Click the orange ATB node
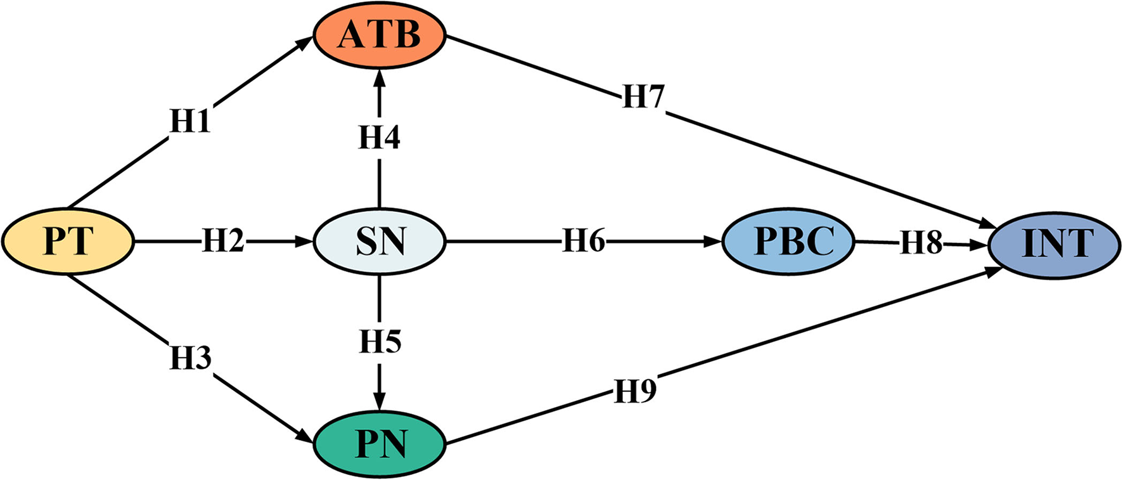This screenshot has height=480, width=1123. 380,36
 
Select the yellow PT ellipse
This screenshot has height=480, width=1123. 68,242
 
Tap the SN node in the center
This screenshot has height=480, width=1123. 380,242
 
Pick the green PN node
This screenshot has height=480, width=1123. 380,444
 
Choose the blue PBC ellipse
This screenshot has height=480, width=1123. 788,242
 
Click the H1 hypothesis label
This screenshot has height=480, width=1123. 190,120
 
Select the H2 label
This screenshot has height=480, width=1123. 223,242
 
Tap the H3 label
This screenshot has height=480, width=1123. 190,358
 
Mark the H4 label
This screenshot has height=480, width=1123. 379,137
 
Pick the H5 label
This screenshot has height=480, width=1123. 380,342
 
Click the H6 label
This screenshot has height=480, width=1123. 584,241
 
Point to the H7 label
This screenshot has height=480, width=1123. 643,97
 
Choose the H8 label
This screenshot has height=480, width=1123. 921,243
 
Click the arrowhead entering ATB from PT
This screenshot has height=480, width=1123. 304,42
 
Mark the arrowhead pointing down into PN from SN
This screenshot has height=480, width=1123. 380,403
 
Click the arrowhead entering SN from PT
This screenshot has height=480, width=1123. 305,242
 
